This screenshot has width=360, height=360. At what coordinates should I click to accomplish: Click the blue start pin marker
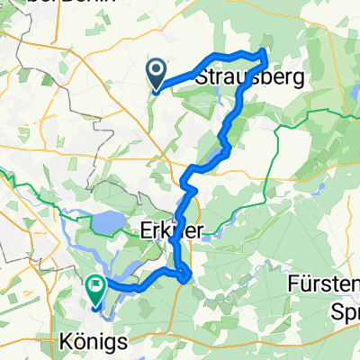[156, 73]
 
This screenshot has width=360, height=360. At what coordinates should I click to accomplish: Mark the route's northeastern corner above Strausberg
[265, 52]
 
